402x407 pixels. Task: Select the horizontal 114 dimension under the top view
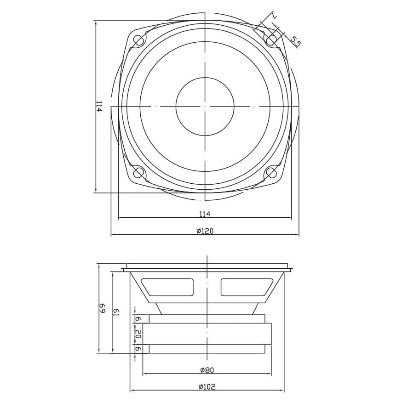pos(205,214)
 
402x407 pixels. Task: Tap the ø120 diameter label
pos(205,231)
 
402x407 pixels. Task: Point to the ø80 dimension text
pos(207,370)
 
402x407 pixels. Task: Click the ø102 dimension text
pos(207,387)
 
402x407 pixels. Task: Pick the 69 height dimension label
pos(102,308)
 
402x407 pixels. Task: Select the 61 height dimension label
pos(116,312)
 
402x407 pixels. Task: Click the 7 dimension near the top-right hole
pos(274,16)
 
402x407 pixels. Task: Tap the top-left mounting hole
pos(138,40)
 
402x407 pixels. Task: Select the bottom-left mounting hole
pos(138,173)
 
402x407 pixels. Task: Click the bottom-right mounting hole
pos(271,173)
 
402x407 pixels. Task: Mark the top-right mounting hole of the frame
pos(271,40)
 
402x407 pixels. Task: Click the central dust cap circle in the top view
pos(205,107)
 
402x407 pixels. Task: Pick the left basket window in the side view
pos(168,287)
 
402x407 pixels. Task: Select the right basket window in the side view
pos(246,287)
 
